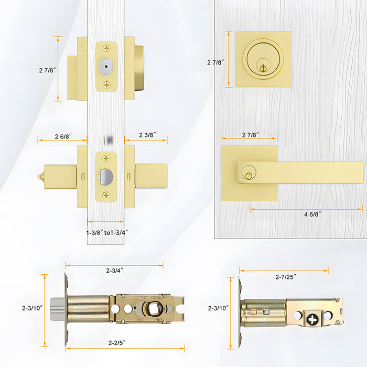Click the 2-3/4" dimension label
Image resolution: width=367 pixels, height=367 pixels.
(x=114, y=271)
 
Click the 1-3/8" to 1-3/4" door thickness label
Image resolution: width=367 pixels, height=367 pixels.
(x=107, y=232)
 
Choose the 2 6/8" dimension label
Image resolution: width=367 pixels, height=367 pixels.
(x=63, y=136)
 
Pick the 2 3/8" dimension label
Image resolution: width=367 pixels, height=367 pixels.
(x=147, y=135)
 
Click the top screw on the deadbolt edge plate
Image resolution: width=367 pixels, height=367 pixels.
(x=106, y=48)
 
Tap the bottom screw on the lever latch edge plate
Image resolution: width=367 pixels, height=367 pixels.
(x=106, y=195)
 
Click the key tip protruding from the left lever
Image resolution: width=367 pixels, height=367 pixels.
(x=40, y=175)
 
